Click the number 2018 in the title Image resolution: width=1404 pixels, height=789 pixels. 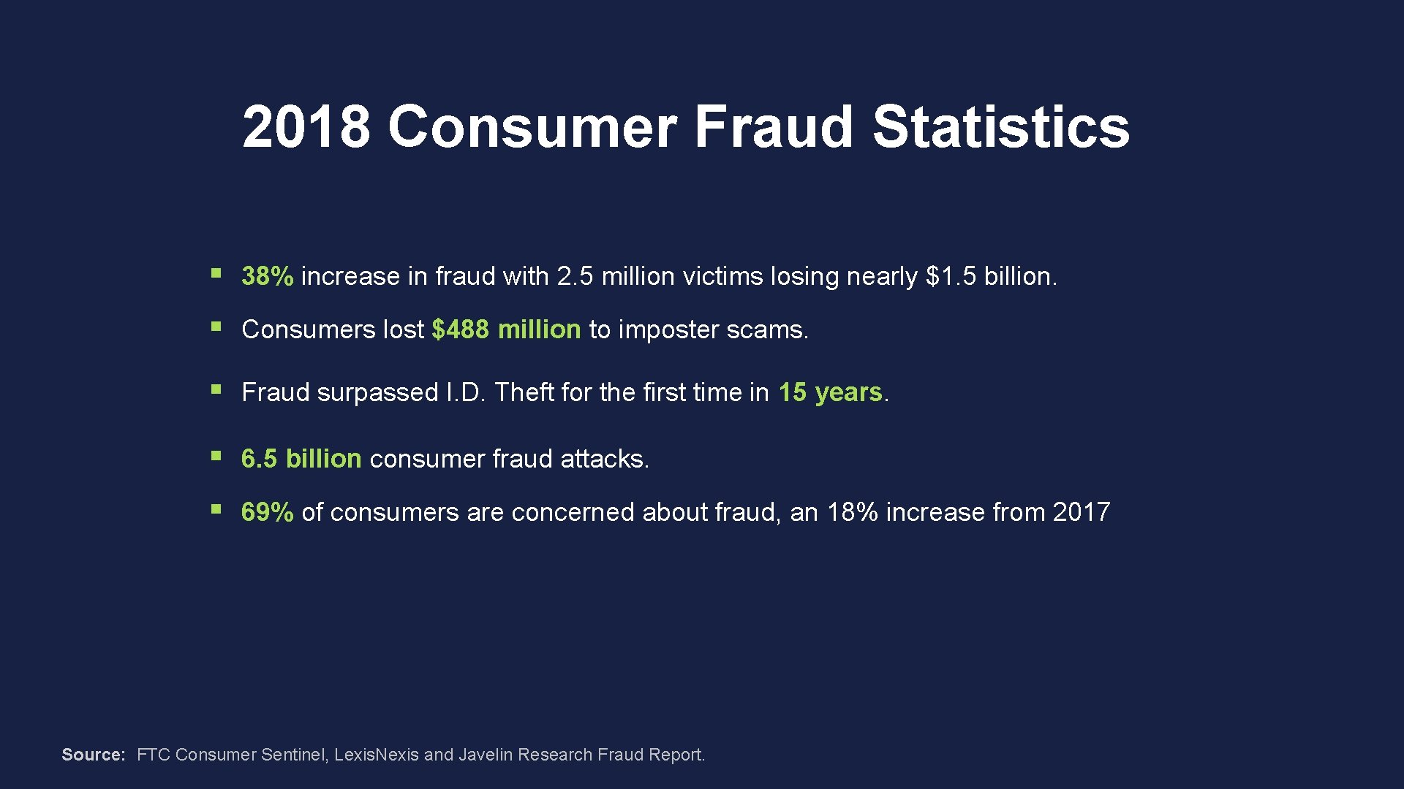point(306,127)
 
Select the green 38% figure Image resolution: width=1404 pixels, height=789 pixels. point(267,276)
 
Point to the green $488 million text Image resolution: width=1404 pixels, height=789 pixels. point(506,329)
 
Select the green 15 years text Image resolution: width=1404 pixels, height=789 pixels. point(830,392)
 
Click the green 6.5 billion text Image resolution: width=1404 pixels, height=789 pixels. point(301,459)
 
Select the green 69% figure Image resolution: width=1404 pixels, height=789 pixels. point(267,512)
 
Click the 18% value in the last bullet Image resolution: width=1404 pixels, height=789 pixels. point(852,512)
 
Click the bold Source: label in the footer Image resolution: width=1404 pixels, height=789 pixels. point(94,755)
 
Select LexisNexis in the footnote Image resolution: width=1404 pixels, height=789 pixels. point(376,755)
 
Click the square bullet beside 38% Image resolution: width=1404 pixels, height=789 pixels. point(216,274)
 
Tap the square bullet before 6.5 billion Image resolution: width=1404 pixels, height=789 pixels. point(216,456)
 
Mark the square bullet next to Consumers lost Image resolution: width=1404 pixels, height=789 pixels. point(216,327)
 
